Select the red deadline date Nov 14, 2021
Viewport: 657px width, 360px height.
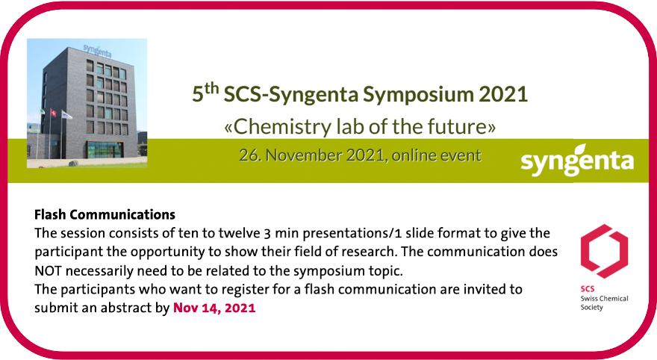[214, 307]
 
